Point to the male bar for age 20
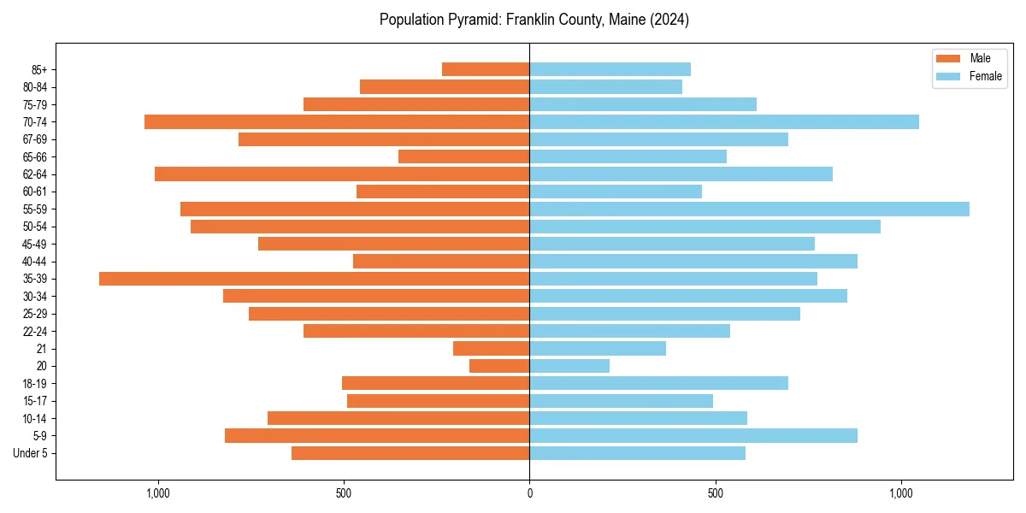[499, 366]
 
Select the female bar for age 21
[598, 349]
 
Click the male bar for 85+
[486, 69]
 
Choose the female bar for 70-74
[724, 122]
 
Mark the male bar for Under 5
[410, 453]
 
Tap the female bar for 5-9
[693, 436]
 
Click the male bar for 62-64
[342, 174]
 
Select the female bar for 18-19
[658, 383]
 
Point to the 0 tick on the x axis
[529, 493]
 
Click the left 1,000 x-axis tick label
[158, 493]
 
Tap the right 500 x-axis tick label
[716, 493]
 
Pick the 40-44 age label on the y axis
[35, 262]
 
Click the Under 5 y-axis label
[30, 453]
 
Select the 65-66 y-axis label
[35, 157]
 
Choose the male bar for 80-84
[445, 87]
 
